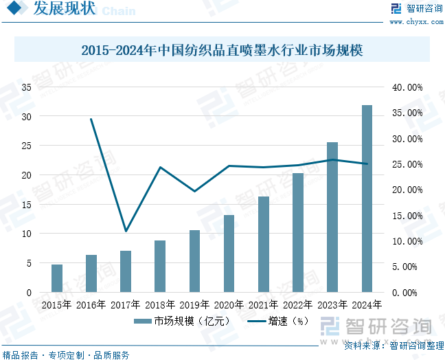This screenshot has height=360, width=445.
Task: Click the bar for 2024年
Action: point(367,199)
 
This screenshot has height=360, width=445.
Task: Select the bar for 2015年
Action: point(57,278)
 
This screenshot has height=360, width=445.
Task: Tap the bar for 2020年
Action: point(229,254)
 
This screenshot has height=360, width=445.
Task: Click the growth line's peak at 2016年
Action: point(91,120)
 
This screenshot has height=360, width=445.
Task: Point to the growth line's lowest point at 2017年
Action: point(126,231)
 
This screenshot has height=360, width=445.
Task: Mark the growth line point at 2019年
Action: point(194,191)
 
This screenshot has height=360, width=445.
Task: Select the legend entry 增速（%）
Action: point(277,320)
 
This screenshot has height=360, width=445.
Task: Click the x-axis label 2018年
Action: point(160,304)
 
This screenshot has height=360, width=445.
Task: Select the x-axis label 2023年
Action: point(332,304)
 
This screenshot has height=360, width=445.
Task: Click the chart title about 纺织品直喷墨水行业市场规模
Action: point(222,50)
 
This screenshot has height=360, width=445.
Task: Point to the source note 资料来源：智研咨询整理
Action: point(393,345)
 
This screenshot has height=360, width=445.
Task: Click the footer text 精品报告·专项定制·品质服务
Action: point(66,355)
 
